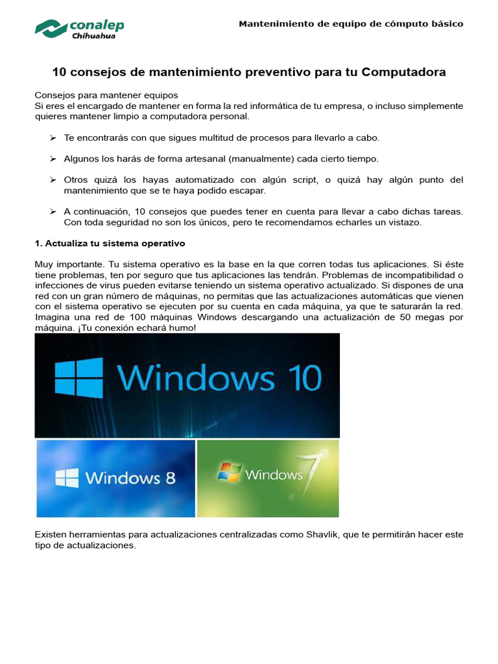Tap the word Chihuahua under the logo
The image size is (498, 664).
click(95, 37)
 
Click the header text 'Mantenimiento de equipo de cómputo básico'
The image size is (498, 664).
click(351, 24)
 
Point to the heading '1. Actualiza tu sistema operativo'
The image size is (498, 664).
click(110, 243)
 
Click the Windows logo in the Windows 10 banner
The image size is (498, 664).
click(78, 378)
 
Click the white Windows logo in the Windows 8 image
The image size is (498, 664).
click(67, 479)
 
